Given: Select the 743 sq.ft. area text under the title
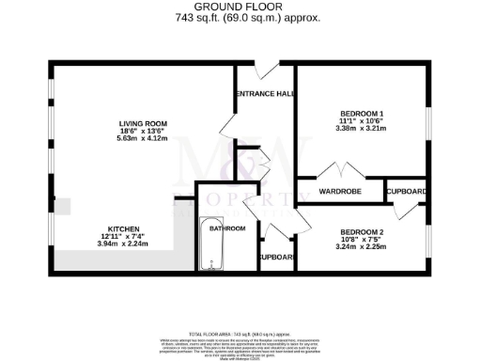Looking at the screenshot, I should pyautogui.click(x=241, y=18).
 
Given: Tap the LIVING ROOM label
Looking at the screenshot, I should pyautogui.click(x=142, y=123).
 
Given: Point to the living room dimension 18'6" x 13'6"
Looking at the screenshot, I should pyautogui.click(x=142, y=131).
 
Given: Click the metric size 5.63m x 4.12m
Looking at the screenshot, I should pyautogui.click(x=142, y=139).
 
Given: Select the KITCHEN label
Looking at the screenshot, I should pyautogui.click(x=124, y=229).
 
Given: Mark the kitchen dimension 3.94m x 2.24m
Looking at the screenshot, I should pyautogui.click(x=124, y=244).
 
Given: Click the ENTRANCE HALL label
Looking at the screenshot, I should pyautogui.click(x=264, y=94).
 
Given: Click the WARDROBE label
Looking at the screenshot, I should pyautogui.click(x=340, y=191).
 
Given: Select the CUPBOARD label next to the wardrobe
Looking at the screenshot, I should pyautogui.click(x=407, y=192).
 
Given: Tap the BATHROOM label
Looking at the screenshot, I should pyautogui.click(x=227, y=228).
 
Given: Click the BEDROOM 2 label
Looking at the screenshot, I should pyautogui.click(x=362, y=232).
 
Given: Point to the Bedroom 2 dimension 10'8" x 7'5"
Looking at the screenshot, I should pyautogui.click(x=362, y=240).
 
